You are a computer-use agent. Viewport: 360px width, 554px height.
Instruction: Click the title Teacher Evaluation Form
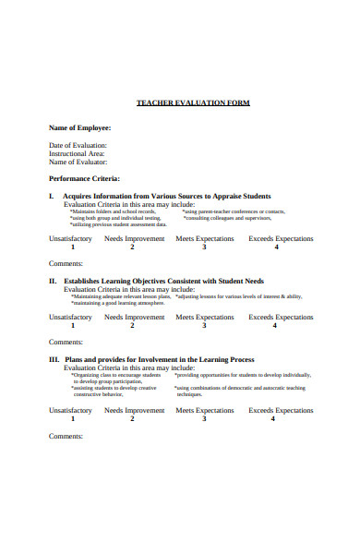[193, 102]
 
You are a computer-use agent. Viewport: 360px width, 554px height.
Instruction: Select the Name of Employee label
[79, 127]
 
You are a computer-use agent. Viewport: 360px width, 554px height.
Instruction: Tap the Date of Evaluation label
[78, 145]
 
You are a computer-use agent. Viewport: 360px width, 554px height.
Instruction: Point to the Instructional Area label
[77, 153]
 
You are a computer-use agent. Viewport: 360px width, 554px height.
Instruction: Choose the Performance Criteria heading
[84, 178]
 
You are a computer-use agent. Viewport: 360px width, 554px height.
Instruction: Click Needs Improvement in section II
[134, 317]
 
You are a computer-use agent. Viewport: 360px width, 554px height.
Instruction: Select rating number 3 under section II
[204, 325]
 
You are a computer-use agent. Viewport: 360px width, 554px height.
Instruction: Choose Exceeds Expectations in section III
[281, 410]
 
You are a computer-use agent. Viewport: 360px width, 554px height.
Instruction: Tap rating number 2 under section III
[132, 418]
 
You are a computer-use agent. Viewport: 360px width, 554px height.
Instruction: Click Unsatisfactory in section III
[70, 410]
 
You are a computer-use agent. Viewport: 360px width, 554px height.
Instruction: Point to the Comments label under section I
[66, 263]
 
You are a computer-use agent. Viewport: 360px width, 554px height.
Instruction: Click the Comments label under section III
[66, 435]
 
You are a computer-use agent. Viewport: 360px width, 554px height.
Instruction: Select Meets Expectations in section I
[205, 238]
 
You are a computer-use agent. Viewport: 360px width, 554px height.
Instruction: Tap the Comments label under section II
[66, 342]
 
